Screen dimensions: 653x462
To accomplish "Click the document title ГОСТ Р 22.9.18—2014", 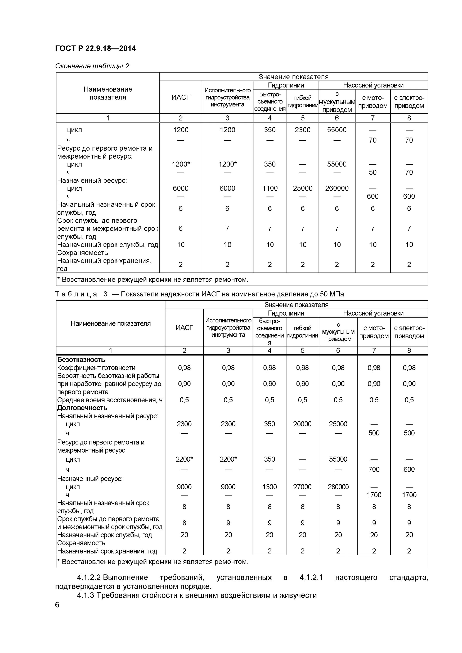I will pyautogui.click(x=95, y=49).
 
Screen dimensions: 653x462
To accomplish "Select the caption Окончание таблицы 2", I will pyautogui.click(x=92, y=66).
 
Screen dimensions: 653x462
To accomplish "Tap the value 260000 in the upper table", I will pyautogui.click(x=337, y=188).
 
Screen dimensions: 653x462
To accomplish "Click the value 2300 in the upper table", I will pyautogui.click(x=302, y=130).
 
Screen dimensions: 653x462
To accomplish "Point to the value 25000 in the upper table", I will pyautogui.click(x=302, y=188).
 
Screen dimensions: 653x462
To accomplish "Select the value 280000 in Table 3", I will pyautogui.click(x=338, y=487).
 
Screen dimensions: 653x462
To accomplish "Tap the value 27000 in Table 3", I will pyautogui.click(x=302, y=487).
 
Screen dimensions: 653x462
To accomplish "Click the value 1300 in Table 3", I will pyautogui.click(x=269, y=487).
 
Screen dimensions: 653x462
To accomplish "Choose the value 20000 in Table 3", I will pyautogui.click(x=302, y=424).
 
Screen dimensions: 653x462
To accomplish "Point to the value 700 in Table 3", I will pyautogui.click(x=374, y=470).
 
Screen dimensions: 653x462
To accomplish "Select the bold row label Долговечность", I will pyautogui.click(x=82, y=408).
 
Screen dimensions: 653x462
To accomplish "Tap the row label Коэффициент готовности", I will pyautogui.click(x=96, y=368).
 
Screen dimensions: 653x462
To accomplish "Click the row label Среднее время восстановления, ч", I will pyautogui.click(x=110, y=400).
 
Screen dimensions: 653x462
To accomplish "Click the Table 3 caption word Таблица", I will pyautogui.click(x=76, y=294).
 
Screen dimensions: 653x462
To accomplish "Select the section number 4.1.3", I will pyautogui.click(x=85, y=595).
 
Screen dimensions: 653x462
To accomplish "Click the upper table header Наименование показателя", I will pyautogui.click(x=108, y=93).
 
